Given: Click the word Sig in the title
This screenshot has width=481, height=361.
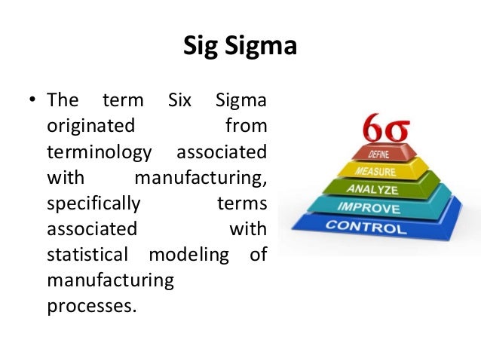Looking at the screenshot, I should coord(200,48).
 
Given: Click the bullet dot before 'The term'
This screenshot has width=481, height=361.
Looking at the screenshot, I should coord(32,101).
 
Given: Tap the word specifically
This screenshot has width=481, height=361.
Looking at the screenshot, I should coord(93,203).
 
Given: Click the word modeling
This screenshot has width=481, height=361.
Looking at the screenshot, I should coord(188,255).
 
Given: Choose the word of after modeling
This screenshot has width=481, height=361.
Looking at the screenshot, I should coord(258,255).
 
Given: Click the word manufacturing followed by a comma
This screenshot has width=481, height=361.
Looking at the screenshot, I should coord(200,178).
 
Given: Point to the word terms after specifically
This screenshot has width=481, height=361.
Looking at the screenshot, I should coord(241,203).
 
